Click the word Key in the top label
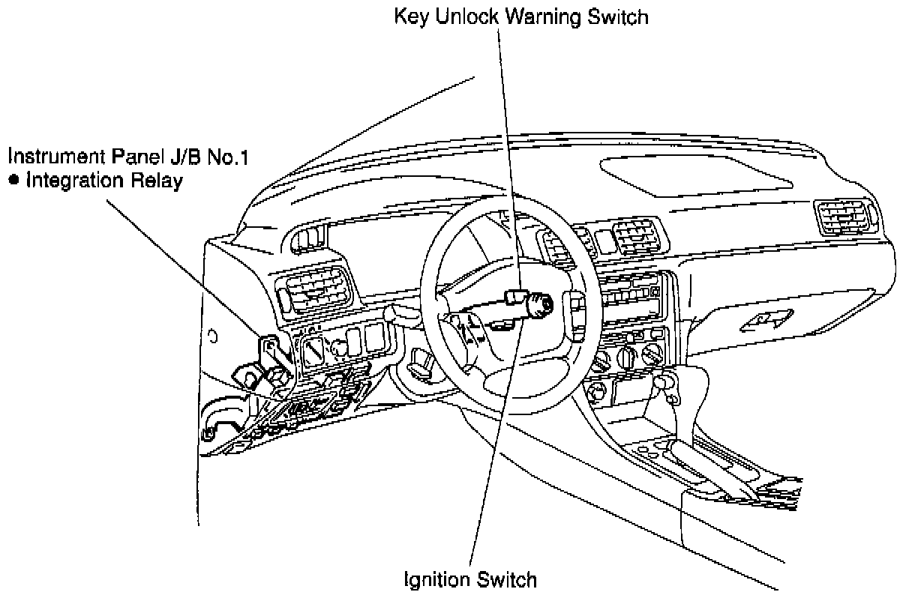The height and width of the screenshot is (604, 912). pyautogui.click(x=411, y=16)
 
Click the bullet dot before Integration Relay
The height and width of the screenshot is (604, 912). pyautogui.click(x=13, y=182)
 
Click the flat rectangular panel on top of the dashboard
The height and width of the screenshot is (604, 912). pyautogui.click(x=697, y=176)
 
